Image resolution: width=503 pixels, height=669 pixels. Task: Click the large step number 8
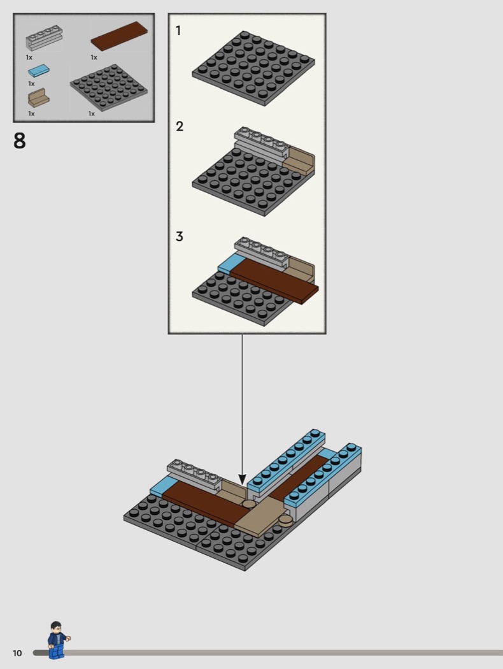pos(20,140)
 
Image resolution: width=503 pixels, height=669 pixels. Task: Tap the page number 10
pos(17,653)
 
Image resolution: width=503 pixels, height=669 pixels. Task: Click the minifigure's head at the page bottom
pos(56,627)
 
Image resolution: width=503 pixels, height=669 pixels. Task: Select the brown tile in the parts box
pos(119,36)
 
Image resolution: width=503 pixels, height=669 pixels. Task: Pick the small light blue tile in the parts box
pos(39,71)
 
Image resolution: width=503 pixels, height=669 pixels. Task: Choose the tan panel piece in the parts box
pos(38,97)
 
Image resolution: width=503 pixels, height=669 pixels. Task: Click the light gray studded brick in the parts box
pos(44,38)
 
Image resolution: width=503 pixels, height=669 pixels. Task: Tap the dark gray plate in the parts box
pos(109,87)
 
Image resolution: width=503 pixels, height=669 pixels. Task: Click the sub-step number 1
pos(178,31)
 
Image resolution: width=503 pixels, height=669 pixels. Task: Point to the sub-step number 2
pos(180,126)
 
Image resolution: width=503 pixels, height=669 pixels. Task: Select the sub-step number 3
pos(180,236)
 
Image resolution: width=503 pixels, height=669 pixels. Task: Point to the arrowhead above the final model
pos(242,479)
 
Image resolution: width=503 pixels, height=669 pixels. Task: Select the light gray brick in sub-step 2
pos(262,143)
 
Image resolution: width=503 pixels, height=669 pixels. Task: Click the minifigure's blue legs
pos(56,651)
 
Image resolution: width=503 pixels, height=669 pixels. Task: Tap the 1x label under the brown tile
pos(94,57)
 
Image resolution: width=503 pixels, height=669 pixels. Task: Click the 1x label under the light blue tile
pos(32,83)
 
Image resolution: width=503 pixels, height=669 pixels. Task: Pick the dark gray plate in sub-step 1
pos(253,68)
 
